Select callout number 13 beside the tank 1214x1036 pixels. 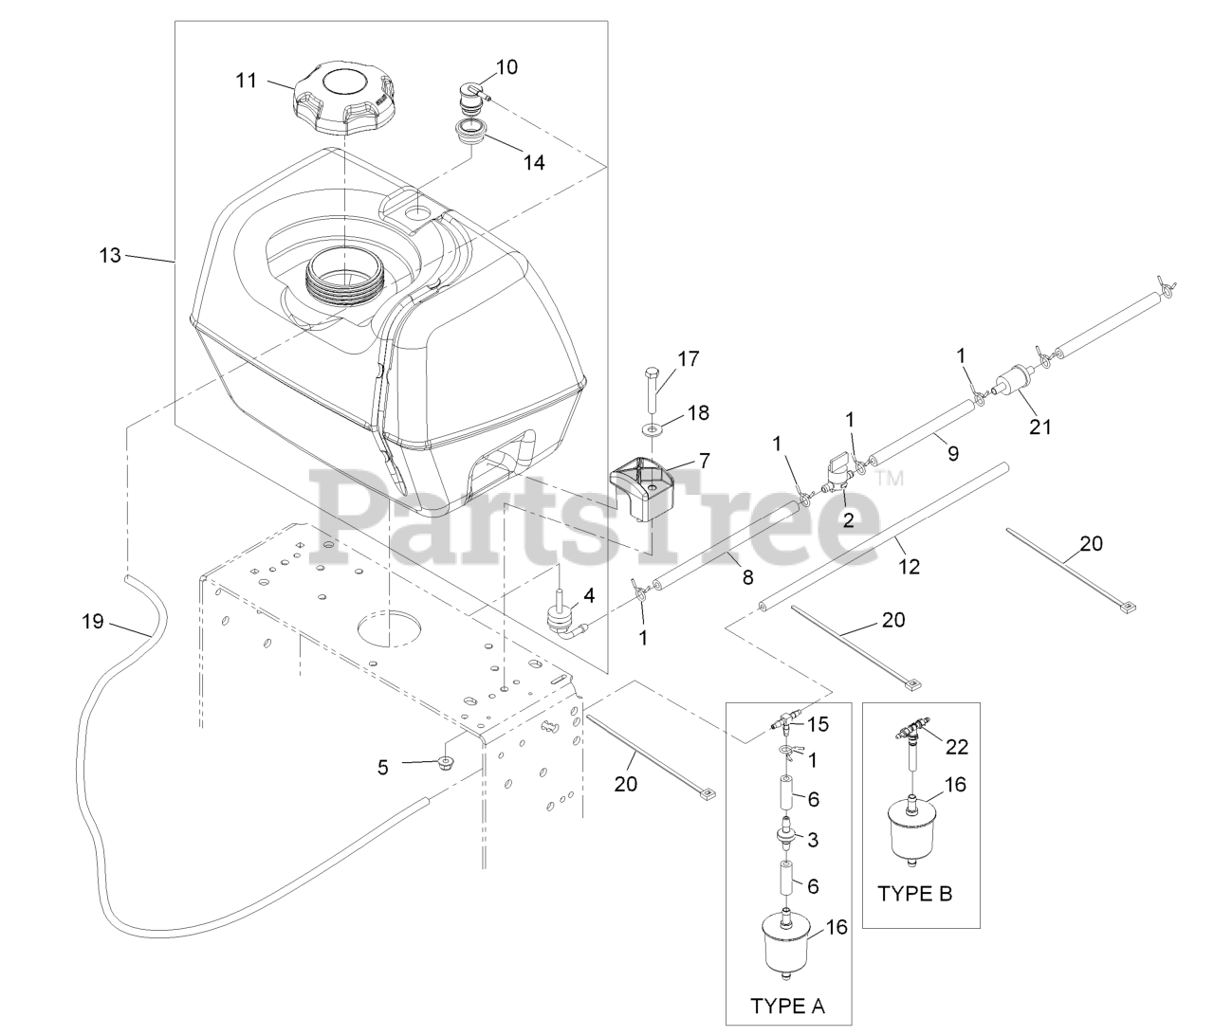point(111,254)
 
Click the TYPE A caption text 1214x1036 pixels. point(787,1006)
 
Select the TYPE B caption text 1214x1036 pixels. point(915,893)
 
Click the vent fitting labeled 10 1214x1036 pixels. point(471,96)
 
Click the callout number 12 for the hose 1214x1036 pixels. point(910,566)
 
